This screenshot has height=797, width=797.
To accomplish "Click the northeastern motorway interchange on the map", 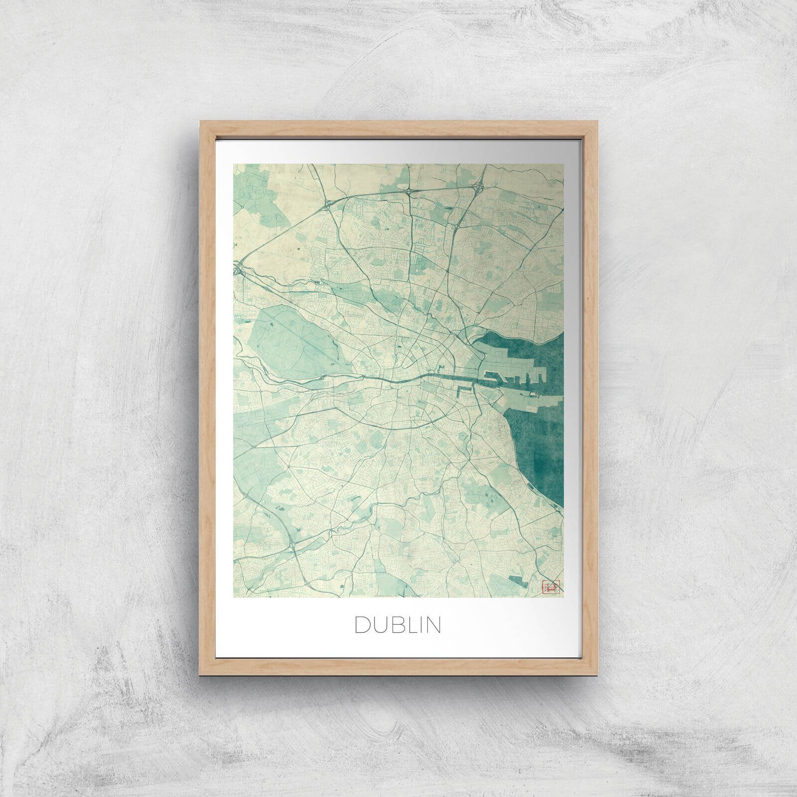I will click(482, 187).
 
